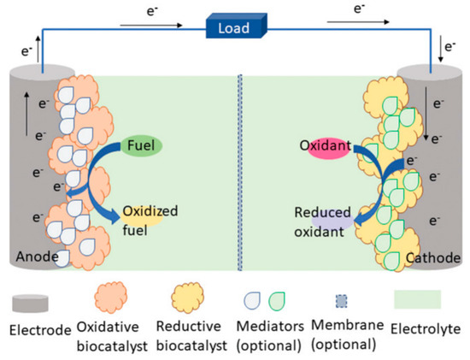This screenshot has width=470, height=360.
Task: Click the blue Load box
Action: tap(233, 27)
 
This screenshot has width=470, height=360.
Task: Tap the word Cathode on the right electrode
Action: tap(434, 256)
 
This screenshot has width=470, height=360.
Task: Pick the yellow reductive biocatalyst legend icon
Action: tap(183, 299)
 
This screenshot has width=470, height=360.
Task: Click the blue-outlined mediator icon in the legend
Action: tap(251, 300)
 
